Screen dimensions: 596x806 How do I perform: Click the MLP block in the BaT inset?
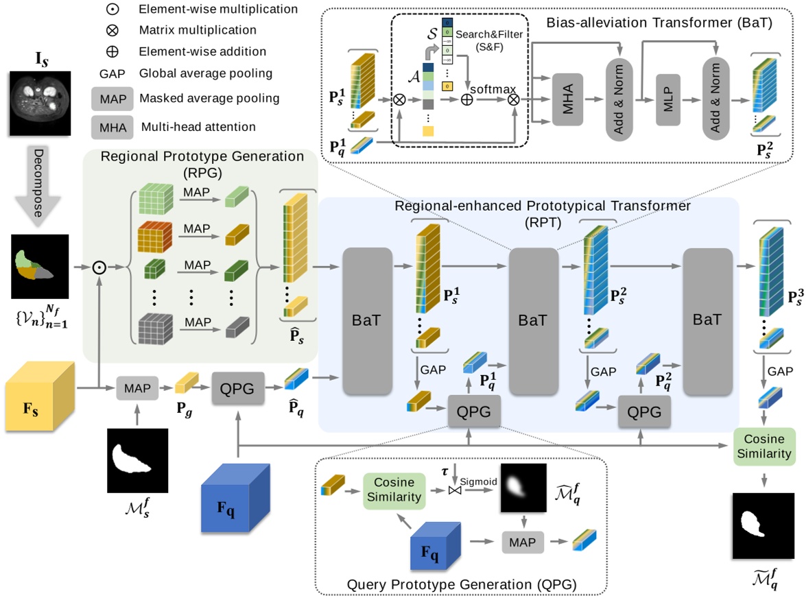pos(669,99)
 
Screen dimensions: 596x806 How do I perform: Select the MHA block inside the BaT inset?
pos(567,99)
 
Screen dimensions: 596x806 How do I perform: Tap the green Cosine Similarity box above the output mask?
pos(763,446)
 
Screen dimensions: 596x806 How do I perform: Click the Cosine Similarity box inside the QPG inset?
pos(394,490)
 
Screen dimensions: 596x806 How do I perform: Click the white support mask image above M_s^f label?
pos(137,460)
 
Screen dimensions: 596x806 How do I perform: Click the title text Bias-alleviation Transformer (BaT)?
pos(659,23)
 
